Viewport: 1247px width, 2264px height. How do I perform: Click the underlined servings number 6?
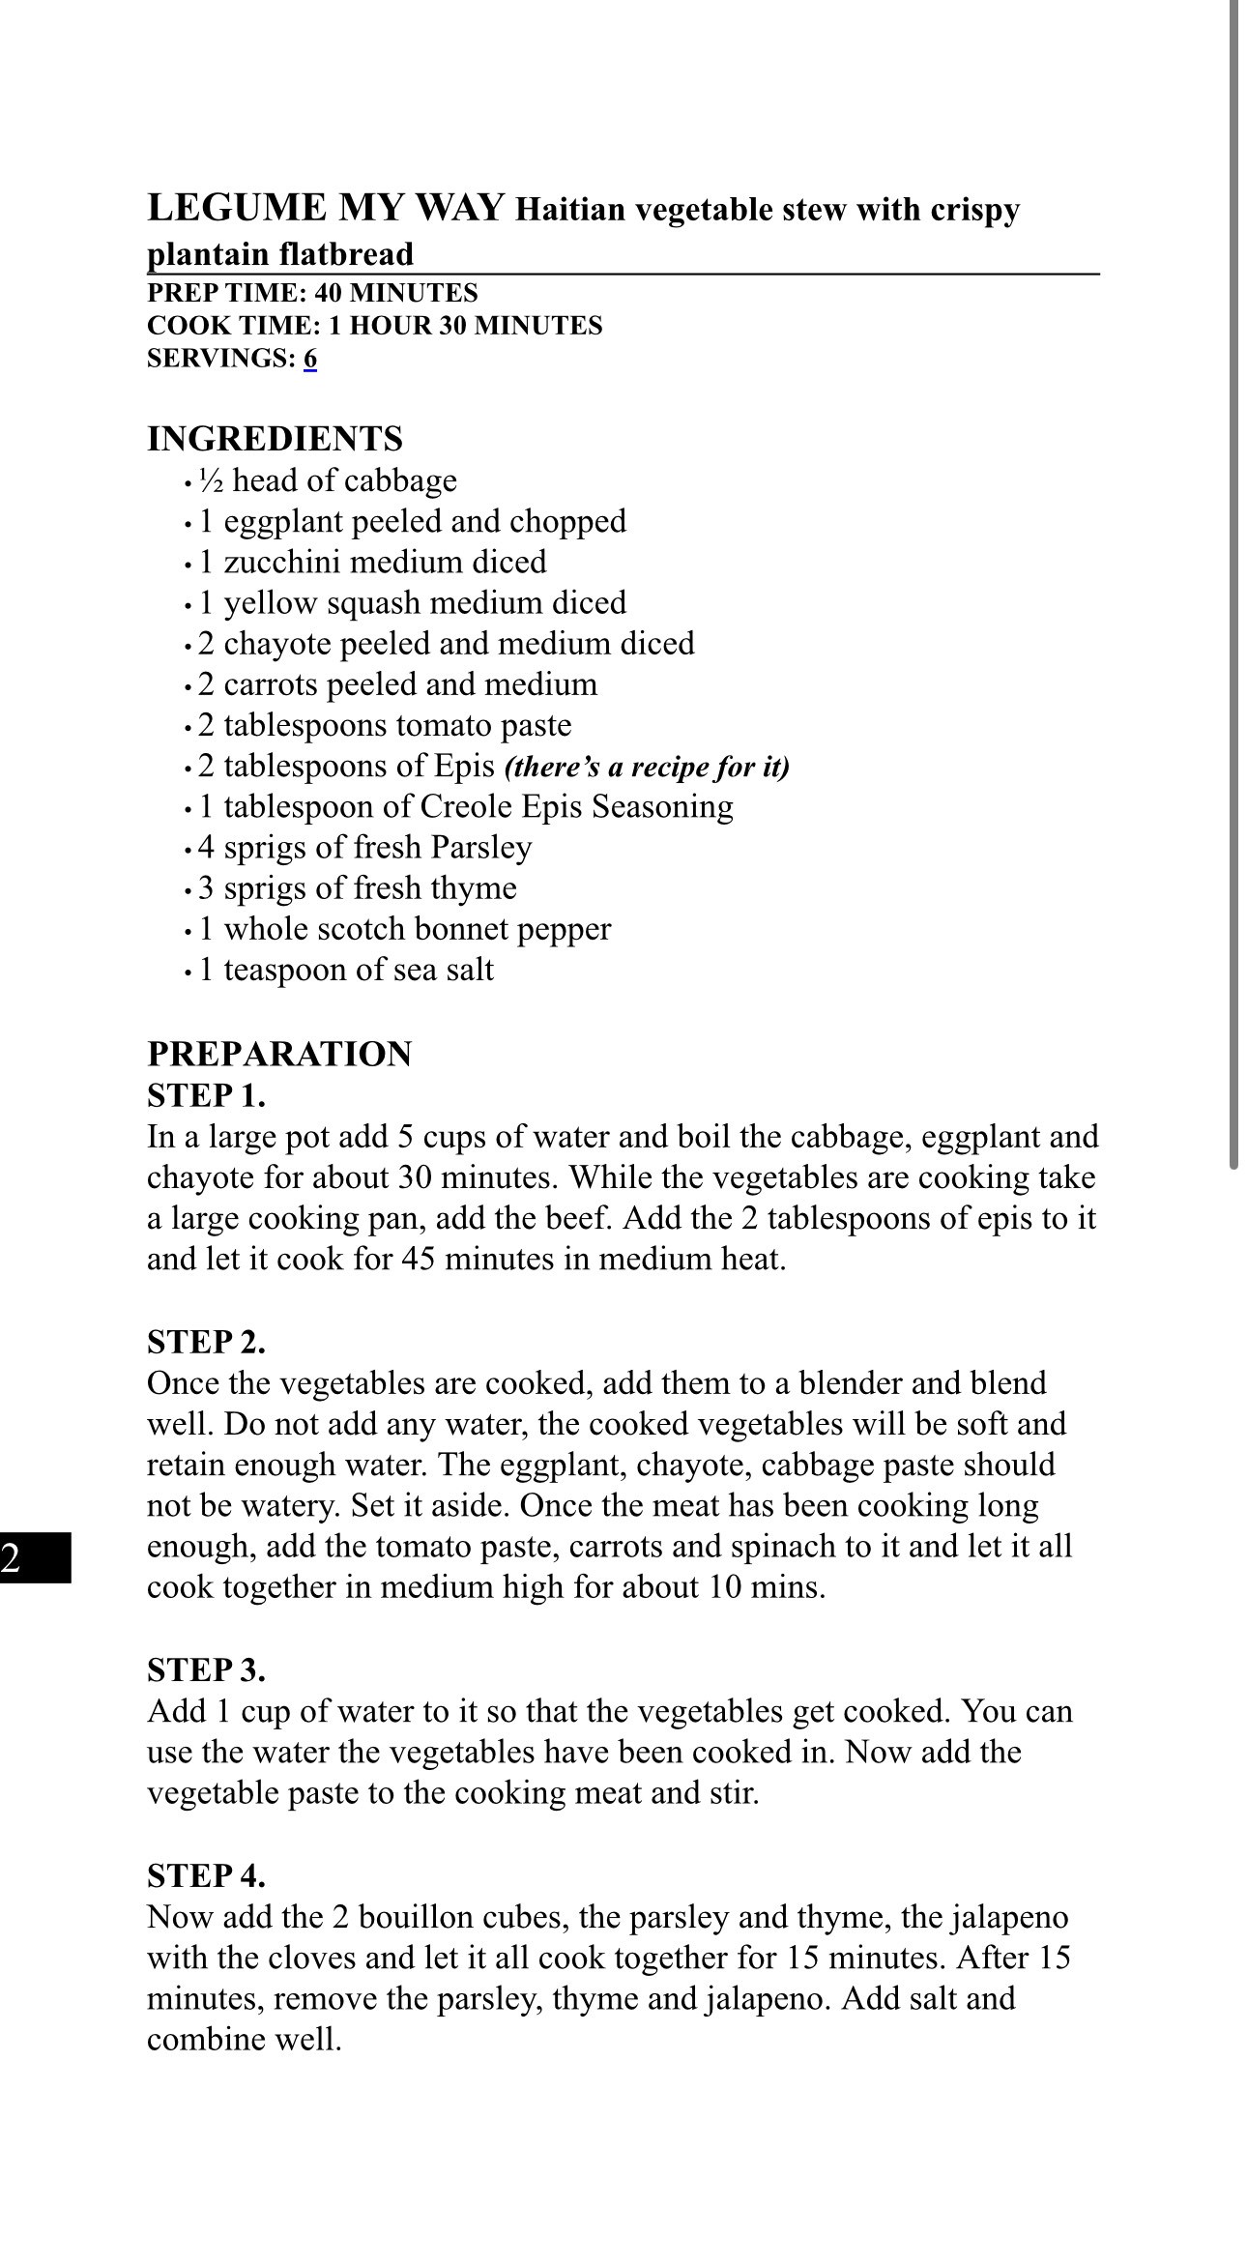(x=309, y=359)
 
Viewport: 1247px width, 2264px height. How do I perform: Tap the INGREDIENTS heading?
(x=275, y=439)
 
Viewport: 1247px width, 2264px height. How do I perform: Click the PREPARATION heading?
(x=279, y=1054)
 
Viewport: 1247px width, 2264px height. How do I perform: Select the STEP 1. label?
(x=206, y=1096)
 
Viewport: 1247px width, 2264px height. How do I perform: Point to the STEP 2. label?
(x=206, y=1342)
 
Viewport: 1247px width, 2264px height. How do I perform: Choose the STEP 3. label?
(x=206, y=1669)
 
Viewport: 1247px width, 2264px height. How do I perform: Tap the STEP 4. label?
(x=206, y=1875)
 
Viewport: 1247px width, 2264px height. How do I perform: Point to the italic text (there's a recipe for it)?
(x=647, y=768)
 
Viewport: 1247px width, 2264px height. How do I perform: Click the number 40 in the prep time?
(x=328, y=294)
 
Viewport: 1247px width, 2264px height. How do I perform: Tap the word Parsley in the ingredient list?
(x=481, y=848)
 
